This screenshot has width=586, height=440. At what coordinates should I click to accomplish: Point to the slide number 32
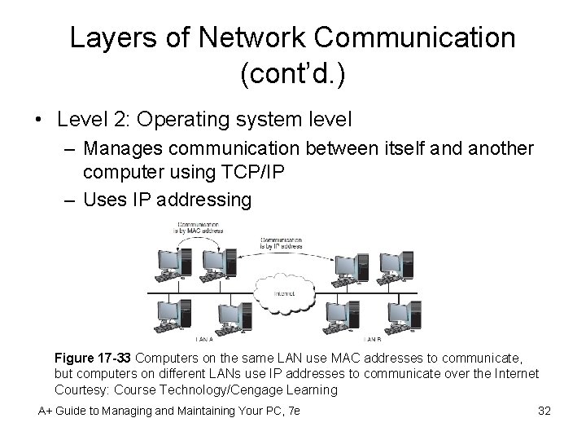tap(544, 411)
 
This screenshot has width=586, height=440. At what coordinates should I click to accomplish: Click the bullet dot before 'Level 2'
tap(39, 121)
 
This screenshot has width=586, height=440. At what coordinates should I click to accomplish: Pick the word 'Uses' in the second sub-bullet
tap(103, 198)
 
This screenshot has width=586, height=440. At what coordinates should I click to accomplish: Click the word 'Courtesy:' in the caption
tap(83, 389)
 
